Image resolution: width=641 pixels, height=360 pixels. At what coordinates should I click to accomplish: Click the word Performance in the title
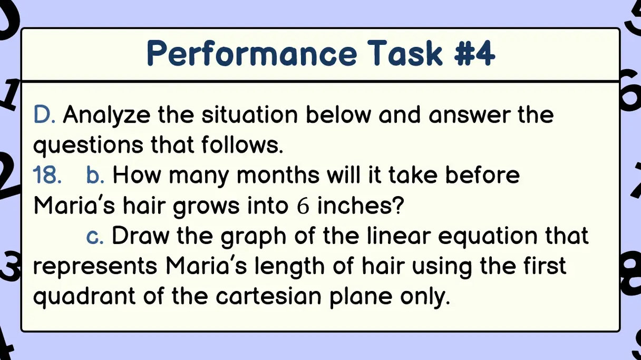coord(251,54)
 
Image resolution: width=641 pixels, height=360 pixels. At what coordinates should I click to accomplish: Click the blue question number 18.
coord(48,175)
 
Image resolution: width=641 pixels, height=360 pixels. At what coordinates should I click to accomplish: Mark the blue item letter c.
coord(95,236)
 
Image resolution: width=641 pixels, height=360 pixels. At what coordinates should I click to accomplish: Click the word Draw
coord(140,236)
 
